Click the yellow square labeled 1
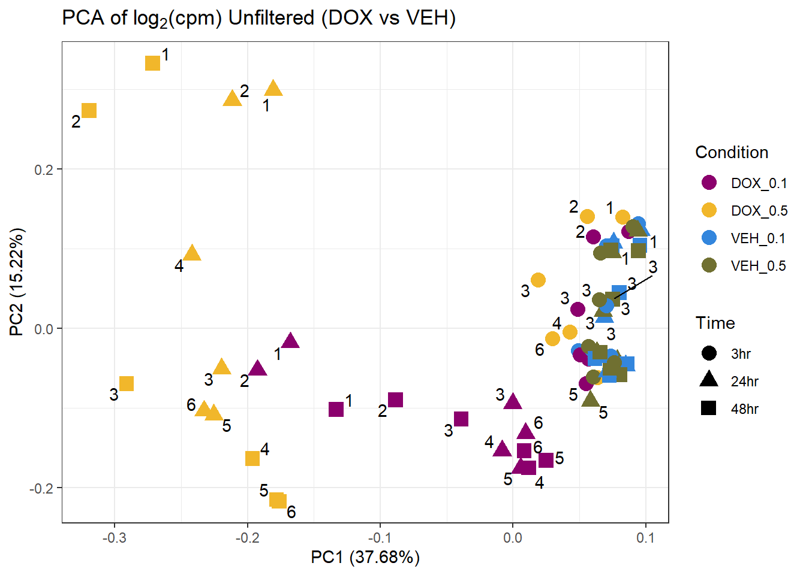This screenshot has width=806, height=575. [x=153, y=62]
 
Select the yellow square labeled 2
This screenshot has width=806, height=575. [x=89, y=111]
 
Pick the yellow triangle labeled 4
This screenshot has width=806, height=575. [x=192, y=253]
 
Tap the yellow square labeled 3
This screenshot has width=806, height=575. [x=127, y=383]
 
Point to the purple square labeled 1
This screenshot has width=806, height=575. [x=336, y=409]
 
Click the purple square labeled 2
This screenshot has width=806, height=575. [x=395, y=400]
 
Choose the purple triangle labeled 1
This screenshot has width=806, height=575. [x=291, y=341]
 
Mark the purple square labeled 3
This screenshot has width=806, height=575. [x=461, y=419]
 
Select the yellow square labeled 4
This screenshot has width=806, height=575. [x=252, y=458]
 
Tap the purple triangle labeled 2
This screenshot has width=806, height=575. [x=258, y=368]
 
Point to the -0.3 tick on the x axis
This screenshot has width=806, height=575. [x=115, y=537]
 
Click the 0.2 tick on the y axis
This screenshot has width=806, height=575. [x=44, y=169]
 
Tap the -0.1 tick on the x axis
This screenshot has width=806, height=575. [x=380, y=537]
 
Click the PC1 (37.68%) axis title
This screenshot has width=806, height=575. [x=365, y=558]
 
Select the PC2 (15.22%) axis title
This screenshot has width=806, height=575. [x=17, y=282]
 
